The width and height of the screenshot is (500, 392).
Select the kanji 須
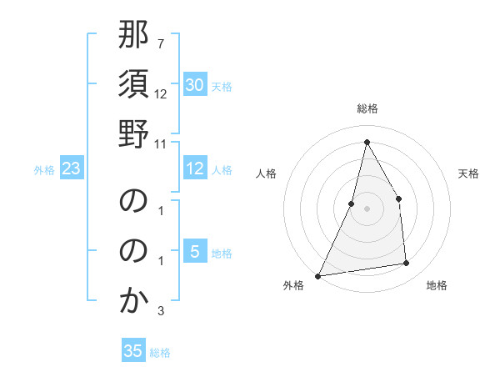[133, 86]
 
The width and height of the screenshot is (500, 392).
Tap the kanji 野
[133, 133]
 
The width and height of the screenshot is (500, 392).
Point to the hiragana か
[133, 300]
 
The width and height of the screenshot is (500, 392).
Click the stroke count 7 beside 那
[160, 43]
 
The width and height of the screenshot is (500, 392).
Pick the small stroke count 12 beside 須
[161, 94]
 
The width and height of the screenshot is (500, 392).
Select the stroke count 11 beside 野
[161, 143]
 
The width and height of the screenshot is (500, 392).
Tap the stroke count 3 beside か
[160, 311]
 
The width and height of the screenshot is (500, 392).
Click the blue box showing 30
[194, 85]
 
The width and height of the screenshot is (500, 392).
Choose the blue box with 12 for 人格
[194, 168]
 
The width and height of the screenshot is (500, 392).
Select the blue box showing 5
[194, 252]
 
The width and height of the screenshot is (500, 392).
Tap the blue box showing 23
[71, 169]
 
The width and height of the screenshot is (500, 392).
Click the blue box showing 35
[132, 351]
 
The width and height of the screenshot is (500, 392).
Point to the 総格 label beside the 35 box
[160, 353]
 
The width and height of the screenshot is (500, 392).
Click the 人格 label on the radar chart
[267, 173]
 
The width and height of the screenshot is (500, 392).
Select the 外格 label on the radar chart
[293, 285]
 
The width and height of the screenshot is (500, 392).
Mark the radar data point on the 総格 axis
[367, 142]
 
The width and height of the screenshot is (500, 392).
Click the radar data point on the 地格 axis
[407, 264]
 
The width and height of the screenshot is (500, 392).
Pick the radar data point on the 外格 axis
[317, 276]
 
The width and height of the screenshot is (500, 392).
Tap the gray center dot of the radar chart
[367, 209]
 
